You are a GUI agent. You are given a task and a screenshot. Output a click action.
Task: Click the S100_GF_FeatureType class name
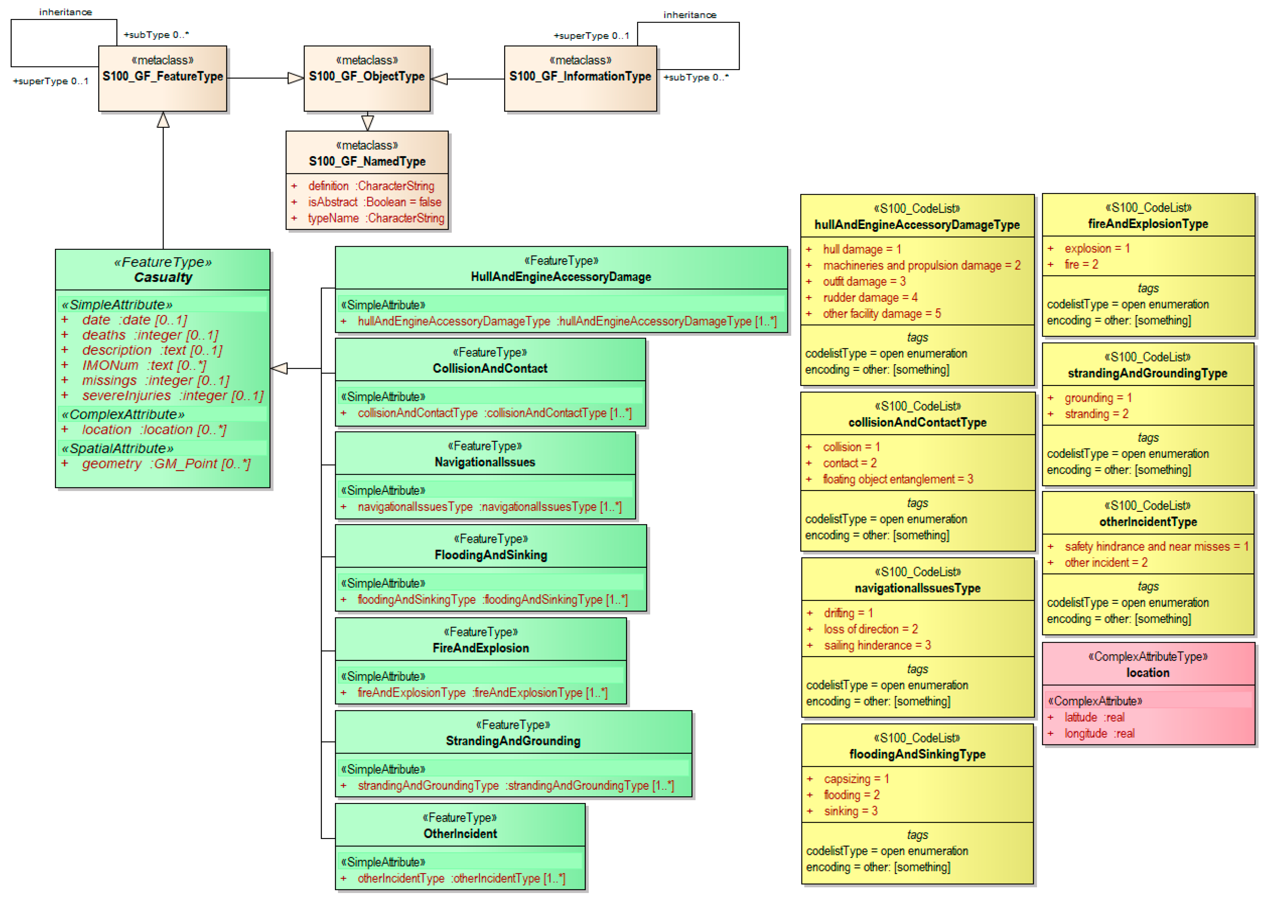(163, 76)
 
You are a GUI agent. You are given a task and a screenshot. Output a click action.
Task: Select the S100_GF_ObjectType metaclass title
(367, 76)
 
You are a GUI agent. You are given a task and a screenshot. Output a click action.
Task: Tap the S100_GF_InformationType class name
(580, 76)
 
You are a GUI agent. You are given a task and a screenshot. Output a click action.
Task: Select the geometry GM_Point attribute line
(166, 464)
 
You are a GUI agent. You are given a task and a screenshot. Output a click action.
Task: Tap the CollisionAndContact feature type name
(490, 368)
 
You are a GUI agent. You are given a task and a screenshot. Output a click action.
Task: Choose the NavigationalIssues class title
(485, 462)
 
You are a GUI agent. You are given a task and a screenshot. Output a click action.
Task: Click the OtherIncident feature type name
(460, 834)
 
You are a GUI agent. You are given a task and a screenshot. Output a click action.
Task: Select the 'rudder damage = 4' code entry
(870, 297)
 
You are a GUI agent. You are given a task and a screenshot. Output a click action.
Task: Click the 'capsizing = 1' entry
(856, 779)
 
